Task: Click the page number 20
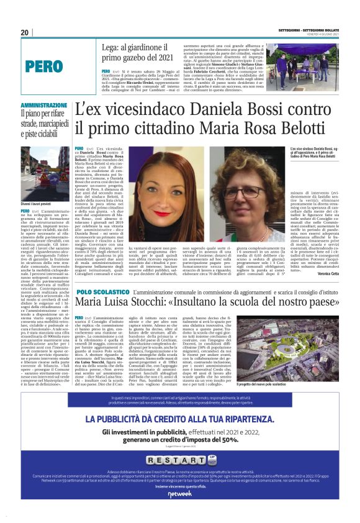tap(24, 33)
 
